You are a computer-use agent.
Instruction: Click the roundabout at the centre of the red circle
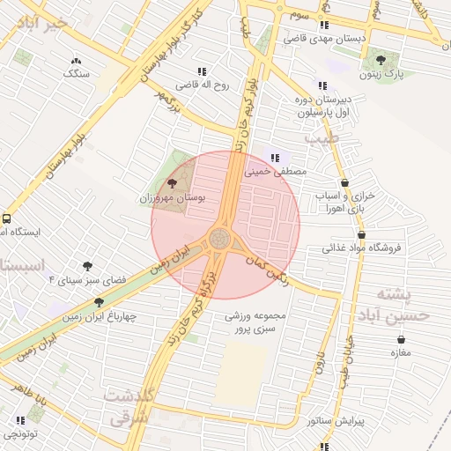click(x=220, y=238)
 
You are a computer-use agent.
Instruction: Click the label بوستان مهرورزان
click(x=172, y=199)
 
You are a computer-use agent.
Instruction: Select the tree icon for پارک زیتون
click(x=381, y=60)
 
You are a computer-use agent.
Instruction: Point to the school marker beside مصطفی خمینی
click(x=274, y=158)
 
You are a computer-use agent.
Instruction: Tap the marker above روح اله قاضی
click(x=203, y=71)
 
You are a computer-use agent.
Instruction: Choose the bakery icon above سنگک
click(x=75, y=61)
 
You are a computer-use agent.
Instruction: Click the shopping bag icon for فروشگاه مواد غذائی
click(x=362, y=234)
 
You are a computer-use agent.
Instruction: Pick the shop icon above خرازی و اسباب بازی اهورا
click(x=344, y=182)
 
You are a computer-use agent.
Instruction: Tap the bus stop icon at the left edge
click(x=7, y=218)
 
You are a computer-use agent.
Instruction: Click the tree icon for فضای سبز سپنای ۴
click(x=87, y=265)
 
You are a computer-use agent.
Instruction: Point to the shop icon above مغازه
click(x=401, y=339)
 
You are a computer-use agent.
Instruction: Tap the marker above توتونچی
click(x=19, y=420)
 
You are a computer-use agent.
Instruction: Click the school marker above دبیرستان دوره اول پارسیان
click(x=322, y=86)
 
